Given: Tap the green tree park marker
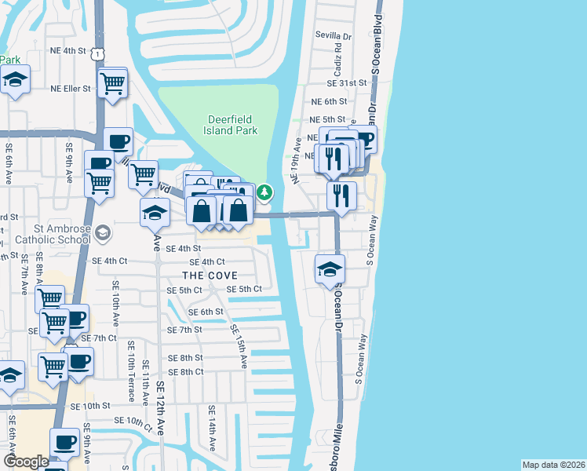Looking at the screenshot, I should (265, 192).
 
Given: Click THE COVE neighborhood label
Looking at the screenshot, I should (210, 276).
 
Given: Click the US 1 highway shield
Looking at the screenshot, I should (97, 52).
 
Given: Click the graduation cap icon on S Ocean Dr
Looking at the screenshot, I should (330, 268).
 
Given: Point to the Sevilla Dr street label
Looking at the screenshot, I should (334, 36).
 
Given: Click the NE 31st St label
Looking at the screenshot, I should (348, 82).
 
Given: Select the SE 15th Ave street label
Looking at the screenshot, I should (239, 346).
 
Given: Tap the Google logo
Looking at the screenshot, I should (26, 462).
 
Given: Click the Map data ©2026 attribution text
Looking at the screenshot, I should (553, 464).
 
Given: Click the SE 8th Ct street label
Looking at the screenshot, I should (185, 371).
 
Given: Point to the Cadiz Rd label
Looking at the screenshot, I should (337, 60).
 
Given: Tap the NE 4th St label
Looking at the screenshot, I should (68, 50).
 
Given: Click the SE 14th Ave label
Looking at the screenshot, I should (212, 427).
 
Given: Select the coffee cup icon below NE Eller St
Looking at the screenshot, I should (118, 142).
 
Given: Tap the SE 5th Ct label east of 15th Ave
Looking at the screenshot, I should (244, 289).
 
